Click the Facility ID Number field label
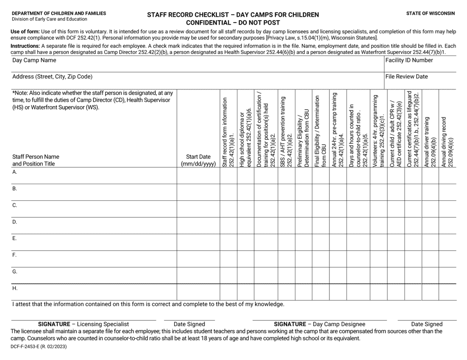(409, 60)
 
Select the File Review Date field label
(407, 77)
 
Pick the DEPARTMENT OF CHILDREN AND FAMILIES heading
(58, 13)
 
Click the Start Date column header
(198, 161)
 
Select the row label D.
(15, 222)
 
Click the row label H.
(15, 288)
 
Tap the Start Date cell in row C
(198, 209)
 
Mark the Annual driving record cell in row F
(447, 259)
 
